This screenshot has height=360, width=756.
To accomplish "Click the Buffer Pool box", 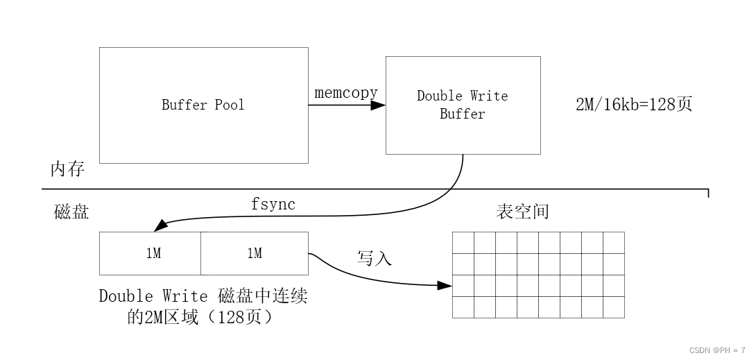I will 203,105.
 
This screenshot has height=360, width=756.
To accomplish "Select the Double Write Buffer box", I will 463,105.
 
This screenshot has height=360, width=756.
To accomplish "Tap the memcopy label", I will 346,92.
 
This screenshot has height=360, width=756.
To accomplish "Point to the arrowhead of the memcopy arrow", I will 378,105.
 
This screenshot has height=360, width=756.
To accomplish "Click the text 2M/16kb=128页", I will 634,105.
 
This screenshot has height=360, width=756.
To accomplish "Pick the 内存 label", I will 67,169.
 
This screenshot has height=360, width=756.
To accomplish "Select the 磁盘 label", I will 71,212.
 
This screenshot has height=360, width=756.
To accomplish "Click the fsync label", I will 273,205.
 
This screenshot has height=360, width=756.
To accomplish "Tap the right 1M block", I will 255,253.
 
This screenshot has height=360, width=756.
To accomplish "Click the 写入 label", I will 375,259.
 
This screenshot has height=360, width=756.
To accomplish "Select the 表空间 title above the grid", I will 522,212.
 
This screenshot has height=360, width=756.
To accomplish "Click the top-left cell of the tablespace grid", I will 463,243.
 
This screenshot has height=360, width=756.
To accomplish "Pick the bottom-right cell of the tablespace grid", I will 613,307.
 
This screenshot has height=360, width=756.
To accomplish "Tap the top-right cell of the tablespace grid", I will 613,243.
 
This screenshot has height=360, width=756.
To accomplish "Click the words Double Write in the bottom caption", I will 153,297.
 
